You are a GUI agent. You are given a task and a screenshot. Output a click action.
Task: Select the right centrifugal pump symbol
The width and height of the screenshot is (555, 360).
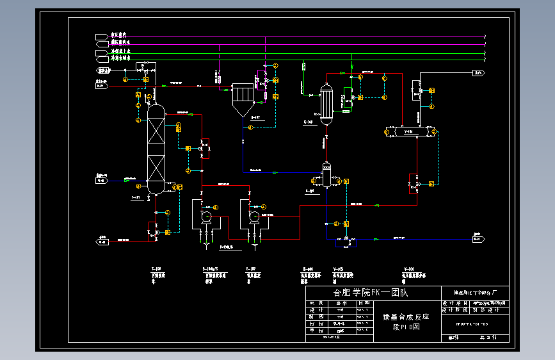(x=254, y=217)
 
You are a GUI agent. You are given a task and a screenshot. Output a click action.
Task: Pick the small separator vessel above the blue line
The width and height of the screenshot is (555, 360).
(x=326, y=175)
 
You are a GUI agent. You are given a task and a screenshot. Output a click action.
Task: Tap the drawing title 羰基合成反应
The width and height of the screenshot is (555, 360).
(x=406, y=316)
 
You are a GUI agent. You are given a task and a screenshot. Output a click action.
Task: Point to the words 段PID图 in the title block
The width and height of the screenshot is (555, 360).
(x=406, y=327)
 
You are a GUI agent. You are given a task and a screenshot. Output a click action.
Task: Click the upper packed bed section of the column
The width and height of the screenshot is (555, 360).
(x=156, y=133)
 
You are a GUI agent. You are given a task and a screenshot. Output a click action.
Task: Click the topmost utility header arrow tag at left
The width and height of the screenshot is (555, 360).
(x=102, y=36)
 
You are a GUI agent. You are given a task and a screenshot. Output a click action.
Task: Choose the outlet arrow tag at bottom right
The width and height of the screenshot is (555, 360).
(x=478, y=239)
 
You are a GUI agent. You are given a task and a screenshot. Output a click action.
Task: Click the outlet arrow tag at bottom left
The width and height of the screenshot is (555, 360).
(x=102, y=241)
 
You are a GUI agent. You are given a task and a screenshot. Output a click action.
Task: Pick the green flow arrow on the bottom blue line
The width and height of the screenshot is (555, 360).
(x=376, y=239)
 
